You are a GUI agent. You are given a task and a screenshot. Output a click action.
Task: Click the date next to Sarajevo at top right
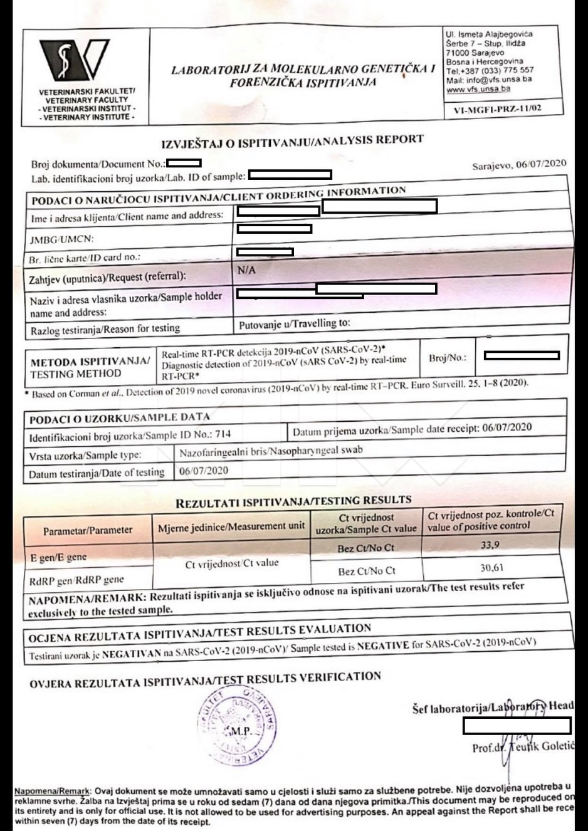[x=540, y=164]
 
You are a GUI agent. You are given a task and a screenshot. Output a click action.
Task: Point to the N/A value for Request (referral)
[x=246, y=271]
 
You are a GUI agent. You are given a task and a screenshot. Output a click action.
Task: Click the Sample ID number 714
[x=223, y=433]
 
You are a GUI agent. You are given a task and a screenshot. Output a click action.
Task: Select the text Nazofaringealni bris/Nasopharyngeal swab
[x=271, y=451]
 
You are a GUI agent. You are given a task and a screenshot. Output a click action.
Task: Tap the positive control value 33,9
[x=490, y=545]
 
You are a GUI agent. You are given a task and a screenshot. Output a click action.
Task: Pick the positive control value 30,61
[x=490, y=568]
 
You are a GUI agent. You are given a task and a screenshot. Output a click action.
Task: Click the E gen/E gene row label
[x=58, y=557]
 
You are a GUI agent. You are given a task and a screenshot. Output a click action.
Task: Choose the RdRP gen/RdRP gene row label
[x=76, y=580]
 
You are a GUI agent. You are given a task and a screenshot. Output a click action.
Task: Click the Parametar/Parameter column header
[x=88, y=531]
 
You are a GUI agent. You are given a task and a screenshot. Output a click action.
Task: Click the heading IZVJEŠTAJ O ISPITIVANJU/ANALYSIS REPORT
[x=293, y=142]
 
